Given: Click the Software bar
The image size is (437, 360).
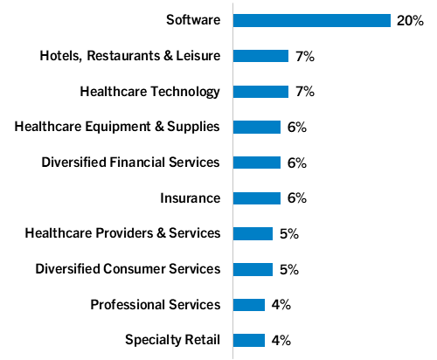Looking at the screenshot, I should point(312,20).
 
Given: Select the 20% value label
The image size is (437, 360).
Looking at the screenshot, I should point(410,20).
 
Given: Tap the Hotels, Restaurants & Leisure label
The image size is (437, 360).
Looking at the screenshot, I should point(130,56).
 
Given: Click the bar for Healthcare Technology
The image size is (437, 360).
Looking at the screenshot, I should point(260,91).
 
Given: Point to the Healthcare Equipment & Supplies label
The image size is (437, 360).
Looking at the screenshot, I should point(118,127).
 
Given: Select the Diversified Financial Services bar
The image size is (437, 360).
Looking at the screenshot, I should point(257,163).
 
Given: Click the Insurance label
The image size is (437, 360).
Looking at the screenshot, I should point(191,197).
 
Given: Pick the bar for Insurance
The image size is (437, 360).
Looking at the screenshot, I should point(257,197).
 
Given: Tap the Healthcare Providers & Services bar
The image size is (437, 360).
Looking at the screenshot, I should point(253,233).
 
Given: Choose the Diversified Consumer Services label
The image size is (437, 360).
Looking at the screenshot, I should point(128,269).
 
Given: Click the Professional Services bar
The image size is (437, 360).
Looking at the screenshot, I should point(249,304).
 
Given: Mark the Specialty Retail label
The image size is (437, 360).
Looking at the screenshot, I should point(172,340).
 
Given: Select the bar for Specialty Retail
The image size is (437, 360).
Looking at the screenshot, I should point(249,340).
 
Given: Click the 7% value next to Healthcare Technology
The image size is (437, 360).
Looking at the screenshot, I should point(304,91).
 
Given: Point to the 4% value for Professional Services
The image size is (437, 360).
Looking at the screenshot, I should point(281,304).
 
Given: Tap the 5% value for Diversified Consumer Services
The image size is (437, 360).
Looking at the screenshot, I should point(288,269).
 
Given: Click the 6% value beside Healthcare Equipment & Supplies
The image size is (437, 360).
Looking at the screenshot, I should point(296,127).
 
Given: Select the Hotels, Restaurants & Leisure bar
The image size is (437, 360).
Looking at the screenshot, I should point(260,56).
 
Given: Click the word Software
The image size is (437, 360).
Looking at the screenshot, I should point(193,20).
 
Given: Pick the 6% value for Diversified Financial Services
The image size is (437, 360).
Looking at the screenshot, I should point(296,163).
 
